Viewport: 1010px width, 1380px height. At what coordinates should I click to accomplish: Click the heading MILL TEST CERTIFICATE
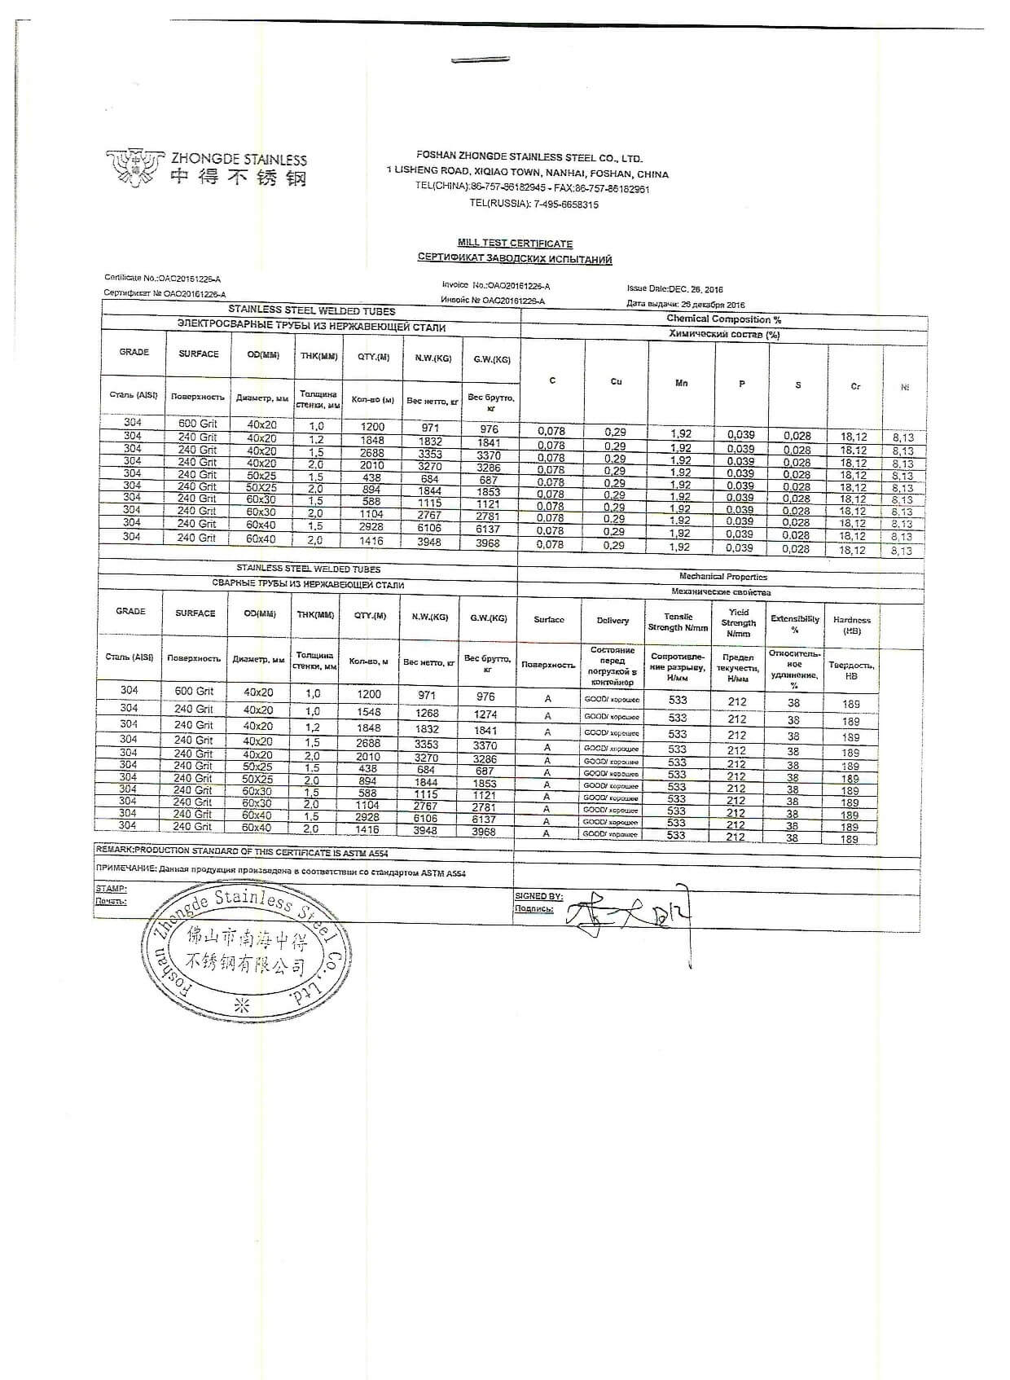[515, 244]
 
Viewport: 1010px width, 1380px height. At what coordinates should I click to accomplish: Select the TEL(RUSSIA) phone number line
[534, 204]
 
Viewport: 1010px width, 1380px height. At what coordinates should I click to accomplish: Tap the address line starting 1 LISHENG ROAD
[528, 174]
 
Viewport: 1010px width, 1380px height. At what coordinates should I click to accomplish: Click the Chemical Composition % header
[723, 319]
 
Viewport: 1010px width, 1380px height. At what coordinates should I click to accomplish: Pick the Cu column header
[617, 381]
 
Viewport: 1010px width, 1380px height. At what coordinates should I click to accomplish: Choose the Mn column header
[682, 382]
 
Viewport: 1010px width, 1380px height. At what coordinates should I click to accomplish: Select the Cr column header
[855, 386]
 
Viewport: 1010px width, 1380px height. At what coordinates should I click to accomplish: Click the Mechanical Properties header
[722, 577]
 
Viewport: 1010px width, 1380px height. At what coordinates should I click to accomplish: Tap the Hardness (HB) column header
[852, 625]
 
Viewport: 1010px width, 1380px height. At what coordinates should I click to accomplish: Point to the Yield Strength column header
[738, 622]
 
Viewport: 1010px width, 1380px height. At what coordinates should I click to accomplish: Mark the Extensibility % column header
[795, 624]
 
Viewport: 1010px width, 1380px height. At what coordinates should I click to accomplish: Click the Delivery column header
[613, 621]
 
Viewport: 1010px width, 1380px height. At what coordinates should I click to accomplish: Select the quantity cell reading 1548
[369, 712]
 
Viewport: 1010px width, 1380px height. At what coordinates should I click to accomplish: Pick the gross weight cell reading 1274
[485, 714]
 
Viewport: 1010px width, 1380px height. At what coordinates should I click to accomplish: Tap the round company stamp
[247, 952]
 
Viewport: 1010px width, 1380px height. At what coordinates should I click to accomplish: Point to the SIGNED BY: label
[538, 896]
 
